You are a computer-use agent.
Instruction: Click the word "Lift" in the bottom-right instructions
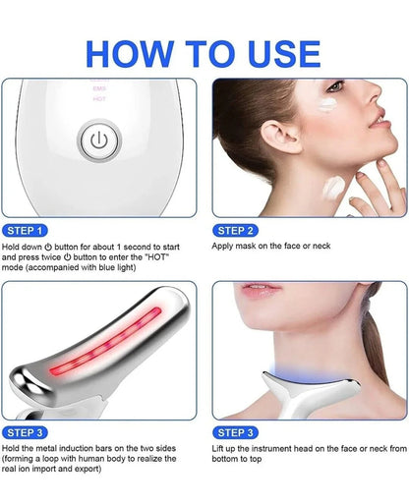[221, 448]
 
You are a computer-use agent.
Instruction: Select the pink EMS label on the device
[98, 87]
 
